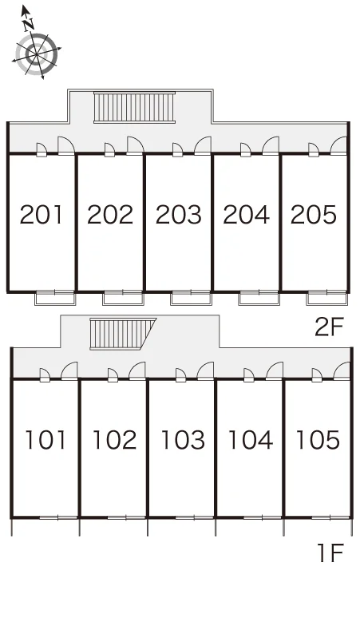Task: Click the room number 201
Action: coord(41,215)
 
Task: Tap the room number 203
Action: coord(179,215)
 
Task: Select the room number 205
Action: coord(314,215)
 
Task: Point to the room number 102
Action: coord(114,440)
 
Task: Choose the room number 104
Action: coord(251,440)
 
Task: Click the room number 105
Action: coord(318,440)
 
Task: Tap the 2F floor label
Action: coord(330,327)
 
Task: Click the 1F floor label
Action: coord(330,553)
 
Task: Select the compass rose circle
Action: coord(37,54)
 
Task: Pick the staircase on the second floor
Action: coord(134,107)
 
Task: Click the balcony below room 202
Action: coord(123,299)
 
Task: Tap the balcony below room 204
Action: coord(259,299)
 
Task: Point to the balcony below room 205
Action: coord(327,299)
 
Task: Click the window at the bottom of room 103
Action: coord(194,517)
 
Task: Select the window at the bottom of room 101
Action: coord(58,517)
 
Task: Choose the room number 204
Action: coord(246,215)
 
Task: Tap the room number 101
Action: coord(45,440)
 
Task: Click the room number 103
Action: coord(183,440)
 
